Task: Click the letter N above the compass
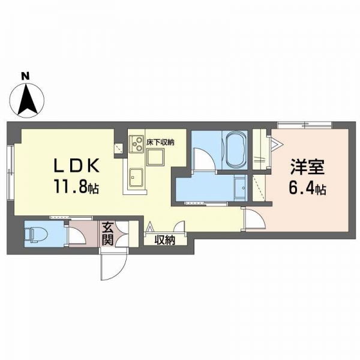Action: point(25,76)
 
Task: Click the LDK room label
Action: point(76,166)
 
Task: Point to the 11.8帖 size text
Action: point(76,186)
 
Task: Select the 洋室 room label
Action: point(307,167)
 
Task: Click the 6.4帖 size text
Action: point(307,188)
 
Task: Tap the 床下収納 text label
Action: point(160,142)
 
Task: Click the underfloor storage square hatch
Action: point(155,157)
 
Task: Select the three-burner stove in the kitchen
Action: point(136,144)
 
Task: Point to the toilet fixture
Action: point(36,235)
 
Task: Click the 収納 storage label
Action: point(165,240)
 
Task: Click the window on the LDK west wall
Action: point(11,173)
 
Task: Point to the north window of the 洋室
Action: point(304,125)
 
